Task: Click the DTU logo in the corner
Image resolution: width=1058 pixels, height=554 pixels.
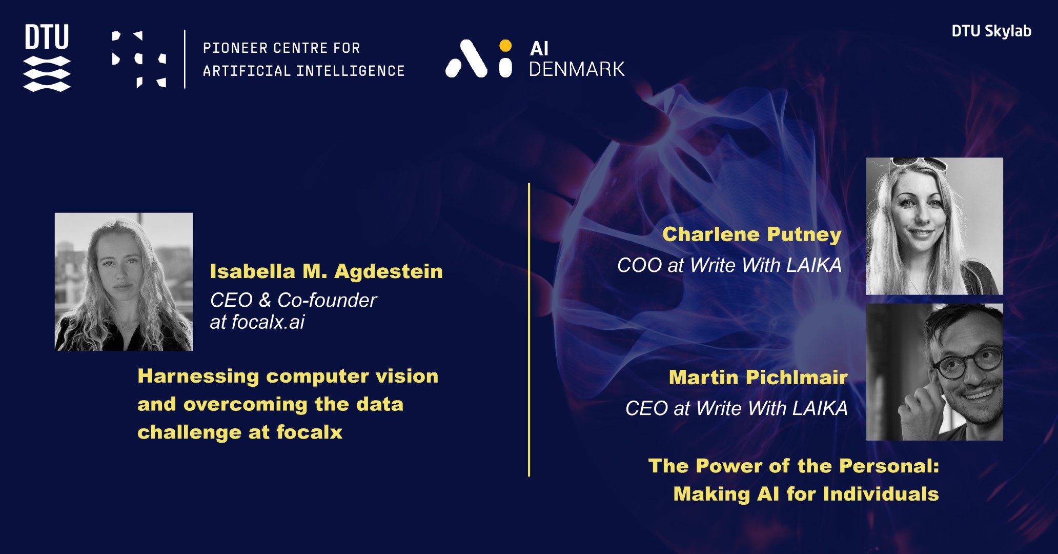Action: (47, 57)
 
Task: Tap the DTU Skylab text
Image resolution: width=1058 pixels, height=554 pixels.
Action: (991, 31)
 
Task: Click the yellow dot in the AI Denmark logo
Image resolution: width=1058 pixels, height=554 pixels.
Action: (505, 46)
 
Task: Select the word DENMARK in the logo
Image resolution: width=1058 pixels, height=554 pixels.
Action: (577, 69)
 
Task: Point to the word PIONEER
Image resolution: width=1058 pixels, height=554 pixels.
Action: (235, 48)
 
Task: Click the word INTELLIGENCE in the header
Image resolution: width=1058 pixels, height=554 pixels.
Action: (351, 71)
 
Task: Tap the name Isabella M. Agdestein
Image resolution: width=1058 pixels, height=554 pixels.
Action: (326, 271)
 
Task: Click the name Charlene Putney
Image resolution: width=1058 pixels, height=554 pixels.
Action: (752, 235)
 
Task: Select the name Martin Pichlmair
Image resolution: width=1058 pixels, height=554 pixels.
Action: (758, 378)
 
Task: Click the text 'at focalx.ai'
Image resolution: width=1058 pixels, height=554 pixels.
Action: (257, 322)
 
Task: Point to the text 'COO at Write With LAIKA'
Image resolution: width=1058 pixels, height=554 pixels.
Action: (729, 265)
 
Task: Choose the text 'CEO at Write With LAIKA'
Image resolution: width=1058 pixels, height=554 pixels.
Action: (737, 408)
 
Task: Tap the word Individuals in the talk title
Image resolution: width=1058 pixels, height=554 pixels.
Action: (881, 494)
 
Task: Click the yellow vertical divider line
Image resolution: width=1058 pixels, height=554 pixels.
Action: (529, 330)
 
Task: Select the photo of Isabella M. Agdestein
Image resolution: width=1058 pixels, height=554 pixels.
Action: (124, 282)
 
